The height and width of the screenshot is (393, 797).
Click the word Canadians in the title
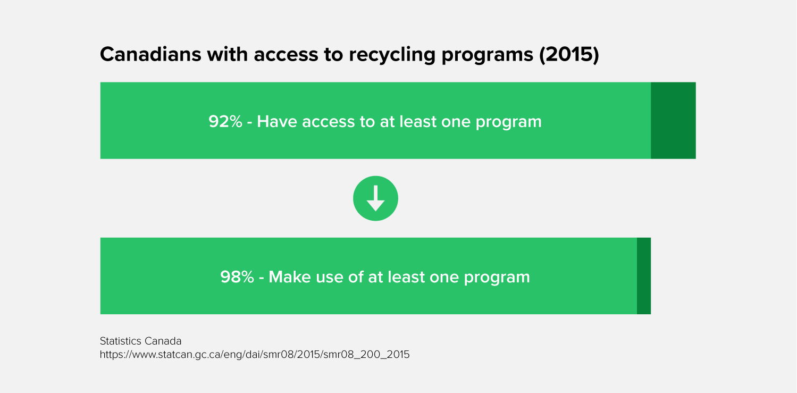click(x=150, y=54)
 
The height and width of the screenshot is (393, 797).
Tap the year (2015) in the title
click(x=569, y=55)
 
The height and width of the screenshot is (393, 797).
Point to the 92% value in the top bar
click(x=225, y=121)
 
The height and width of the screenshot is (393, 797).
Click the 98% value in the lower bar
click(x=237, y=277)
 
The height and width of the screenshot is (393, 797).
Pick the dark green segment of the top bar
click(x=673, y=120)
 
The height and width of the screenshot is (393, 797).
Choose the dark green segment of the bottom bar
click(x=644, y=276)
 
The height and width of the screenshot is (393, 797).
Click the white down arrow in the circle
click(x=375, y=198)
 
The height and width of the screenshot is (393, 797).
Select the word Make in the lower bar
click(x=289, y=277)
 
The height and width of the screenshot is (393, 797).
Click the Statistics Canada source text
click(x=140, y=341)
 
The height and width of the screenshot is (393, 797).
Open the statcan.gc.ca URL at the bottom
click(x=255, y=355)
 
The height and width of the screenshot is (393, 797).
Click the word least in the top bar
click(x=417, y=121)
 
